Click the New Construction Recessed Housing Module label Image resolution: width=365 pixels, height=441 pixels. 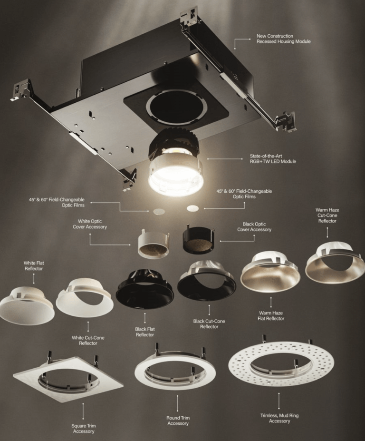coord(277,39)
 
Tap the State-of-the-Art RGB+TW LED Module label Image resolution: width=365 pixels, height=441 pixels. coord(273,158)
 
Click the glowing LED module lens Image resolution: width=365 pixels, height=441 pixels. coord(175,178)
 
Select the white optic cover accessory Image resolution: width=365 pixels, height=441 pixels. coord(153,243)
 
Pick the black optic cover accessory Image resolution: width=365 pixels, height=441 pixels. coord(198,241)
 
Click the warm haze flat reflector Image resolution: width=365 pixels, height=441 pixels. coord(270,274)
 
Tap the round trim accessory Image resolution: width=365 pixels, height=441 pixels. coord(175,371)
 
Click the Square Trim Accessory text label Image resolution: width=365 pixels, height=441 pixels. coord(84,428)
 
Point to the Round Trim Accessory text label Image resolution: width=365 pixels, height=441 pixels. coord(178,421)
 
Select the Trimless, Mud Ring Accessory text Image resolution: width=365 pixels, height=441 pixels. coord(279,418)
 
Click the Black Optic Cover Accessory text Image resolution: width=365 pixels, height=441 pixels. coord(254,227)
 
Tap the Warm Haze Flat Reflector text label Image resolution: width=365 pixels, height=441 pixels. coord(271,315)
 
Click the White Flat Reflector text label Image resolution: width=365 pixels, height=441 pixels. coord(34,265)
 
